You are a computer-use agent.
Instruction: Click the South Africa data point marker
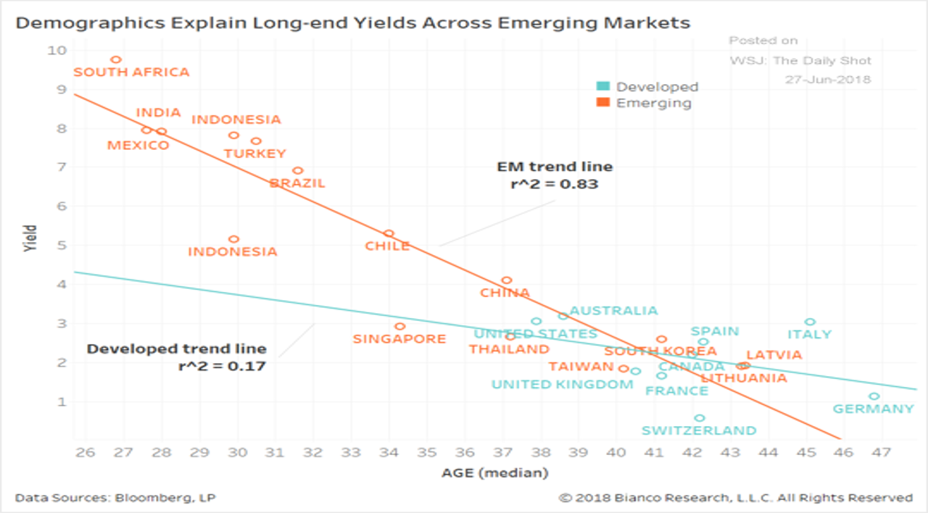[x=116, y=59]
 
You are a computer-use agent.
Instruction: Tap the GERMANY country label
[x=873, y=409]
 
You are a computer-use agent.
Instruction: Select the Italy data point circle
[x=810, y=322]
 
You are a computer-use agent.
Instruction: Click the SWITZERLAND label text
[x=699, y=431]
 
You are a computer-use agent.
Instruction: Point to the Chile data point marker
[x=389, y=233]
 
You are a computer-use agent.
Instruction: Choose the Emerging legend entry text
[x=653, y=103]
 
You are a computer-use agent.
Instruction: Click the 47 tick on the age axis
[x=880, y=453]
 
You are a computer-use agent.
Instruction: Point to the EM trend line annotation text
[x=555, y=167]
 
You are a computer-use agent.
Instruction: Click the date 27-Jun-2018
[x=828, y=79]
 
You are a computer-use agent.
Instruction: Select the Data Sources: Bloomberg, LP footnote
[x=115, y=498]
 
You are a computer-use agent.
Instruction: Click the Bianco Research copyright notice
[x=735, y=498]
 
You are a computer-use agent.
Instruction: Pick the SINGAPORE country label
[x=399, y=339]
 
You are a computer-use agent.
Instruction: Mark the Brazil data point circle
[x=297, y=171]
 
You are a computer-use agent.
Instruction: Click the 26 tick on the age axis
[x=85, y=453]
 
